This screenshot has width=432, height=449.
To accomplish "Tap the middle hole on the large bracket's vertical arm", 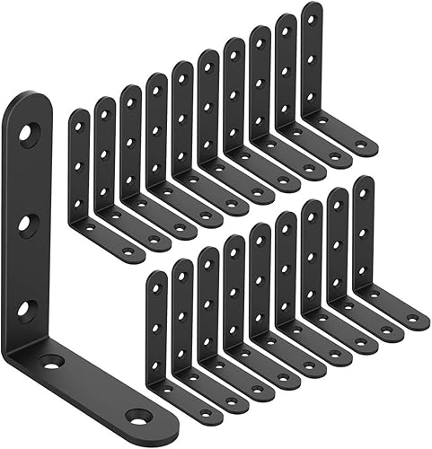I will coord(29,224).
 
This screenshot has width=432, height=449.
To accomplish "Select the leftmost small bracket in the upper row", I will coord(80,180).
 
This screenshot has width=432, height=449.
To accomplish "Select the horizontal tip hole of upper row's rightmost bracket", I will coord(360,144).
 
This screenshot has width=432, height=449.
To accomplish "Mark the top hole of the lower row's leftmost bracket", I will coord(156,286).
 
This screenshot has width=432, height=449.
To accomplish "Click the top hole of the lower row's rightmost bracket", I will coord(364,191).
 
